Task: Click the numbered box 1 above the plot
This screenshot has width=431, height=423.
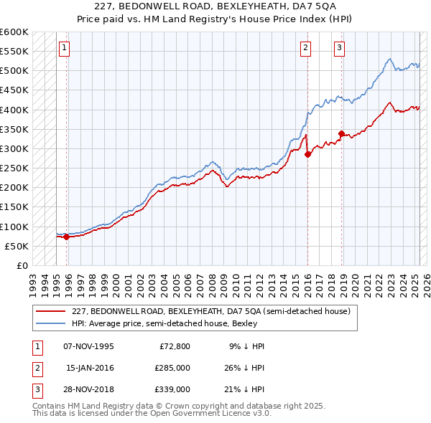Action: (x=64, y=48)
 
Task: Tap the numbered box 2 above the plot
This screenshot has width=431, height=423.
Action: (x=305, y=48)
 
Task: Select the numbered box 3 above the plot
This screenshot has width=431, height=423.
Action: (x=339, y=48)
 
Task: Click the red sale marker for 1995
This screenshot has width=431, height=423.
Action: (x=66, y=237)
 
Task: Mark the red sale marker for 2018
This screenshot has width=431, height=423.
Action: (x=342, y=133)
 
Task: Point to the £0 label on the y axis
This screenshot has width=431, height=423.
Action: (x=23, y=265)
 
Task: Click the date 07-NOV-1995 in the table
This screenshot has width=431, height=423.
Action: (x=89, y=346)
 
